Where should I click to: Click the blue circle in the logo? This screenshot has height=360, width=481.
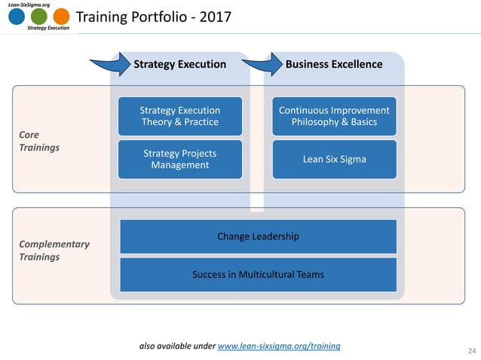(16, 17)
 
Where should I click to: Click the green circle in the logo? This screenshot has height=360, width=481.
(39, 17)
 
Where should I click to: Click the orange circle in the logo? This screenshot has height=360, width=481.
(62, 17)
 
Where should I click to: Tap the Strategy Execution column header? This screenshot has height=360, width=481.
(179, 64)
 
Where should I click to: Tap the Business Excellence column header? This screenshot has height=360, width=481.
(334, 64)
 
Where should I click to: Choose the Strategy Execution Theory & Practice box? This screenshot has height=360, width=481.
(181, 116)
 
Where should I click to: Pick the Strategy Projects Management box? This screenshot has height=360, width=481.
(181, 159)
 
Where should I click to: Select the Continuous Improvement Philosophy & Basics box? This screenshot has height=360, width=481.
(334, 116)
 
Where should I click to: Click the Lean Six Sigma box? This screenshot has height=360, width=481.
(334, 159)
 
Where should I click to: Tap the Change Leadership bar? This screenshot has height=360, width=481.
(259, 236)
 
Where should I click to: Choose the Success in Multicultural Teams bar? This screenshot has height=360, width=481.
(259, 274)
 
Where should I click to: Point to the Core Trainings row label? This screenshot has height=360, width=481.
(38, 142)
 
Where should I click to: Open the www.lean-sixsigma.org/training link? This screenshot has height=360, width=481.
(278, 346)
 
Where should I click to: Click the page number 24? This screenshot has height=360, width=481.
(473, 350)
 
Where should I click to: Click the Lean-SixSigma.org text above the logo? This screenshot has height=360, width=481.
(31, 4)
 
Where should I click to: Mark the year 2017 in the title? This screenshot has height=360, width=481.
(216, 17)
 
